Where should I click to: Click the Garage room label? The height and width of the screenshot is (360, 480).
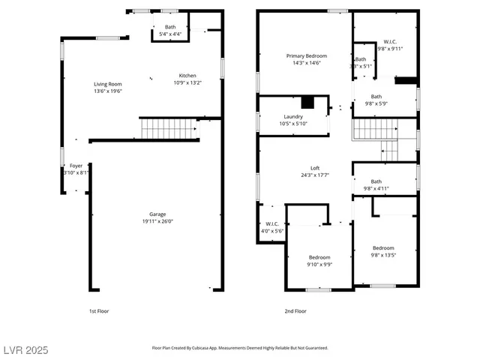[157, 217]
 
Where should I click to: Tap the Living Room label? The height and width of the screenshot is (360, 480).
[108, 88]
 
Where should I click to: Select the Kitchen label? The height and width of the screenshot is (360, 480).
[187, 79]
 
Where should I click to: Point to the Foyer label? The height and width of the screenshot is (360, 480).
[76, 169]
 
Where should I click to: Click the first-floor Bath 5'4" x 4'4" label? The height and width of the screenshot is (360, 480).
[170, 31]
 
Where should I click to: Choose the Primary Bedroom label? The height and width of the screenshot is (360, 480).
[306, 60]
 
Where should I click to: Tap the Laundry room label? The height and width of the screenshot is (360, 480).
[292, 120]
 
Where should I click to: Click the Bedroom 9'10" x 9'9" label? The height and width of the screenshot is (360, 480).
[320, 260]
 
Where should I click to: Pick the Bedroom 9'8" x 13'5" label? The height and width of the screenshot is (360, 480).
[383, 252]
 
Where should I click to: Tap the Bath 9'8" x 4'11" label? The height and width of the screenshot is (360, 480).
[376, 185]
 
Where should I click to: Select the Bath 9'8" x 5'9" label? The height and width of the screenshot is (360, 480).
[376, 100]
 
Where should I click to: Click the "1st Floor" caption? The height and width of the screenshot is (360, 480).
[98, 310]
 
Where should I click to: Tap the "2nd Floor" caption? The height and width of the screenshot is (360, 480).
[295, 310]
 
